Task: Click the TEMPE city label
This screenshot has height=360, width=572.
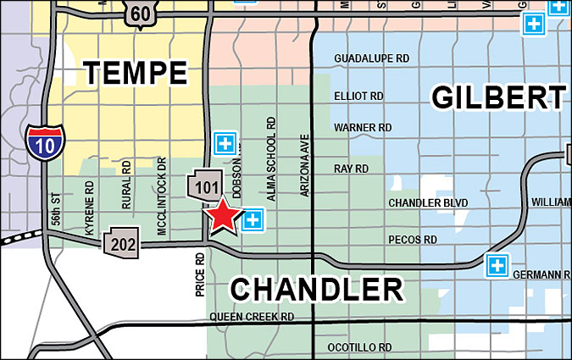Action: (136, 73)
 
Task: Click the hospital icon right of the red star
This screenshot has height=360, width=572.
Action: (252, 221)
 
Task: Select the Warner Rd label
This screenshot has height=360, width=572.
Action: (363, 128)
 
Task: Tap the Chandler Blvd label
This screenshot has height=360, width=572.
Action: (428, 203)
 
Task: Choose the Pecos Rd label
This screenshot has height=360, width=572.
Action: (413, 241)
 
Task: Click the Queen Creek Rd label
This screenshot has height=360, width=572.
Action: (252, 317)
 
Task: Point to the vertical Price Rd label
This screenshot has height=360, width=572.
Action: (200, 273)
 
